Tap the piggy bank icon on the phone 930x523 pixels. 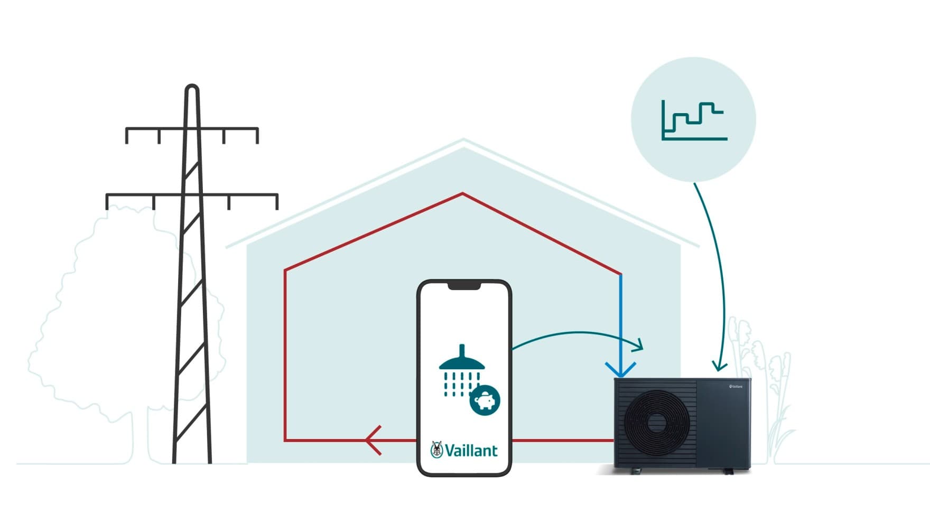(485, 400)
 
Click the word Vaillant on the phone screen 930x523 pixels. (471, 451)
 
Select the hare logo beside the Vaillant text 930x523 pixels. (436, 450)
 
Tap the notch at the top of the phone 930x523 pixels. (464, 286)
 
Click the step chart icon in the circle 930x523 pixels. (694, 120)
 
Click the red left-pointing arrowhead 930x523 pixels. (373, 440)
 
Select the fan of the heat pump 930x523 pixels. (656, 421)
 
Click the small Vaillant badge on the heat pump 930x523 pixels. (736, 387)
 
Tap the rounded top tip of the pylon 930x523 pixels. (192, 88)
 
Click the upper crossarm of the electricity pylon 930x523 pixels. (192, 129)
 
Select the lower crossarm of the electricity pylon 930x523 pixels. (192, 195)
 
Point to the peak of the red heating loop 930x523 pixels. (463, 194)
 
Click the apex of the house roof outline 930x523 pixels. (463, 141)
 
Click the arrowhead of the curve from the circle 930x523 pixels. (719, 366)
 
